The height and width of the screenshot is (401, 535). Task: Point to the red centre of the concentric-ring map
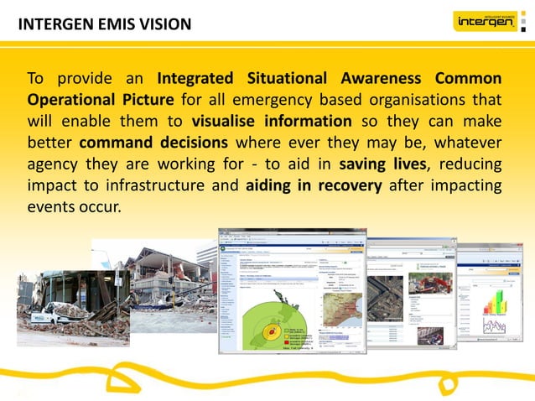pos(270,334)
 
